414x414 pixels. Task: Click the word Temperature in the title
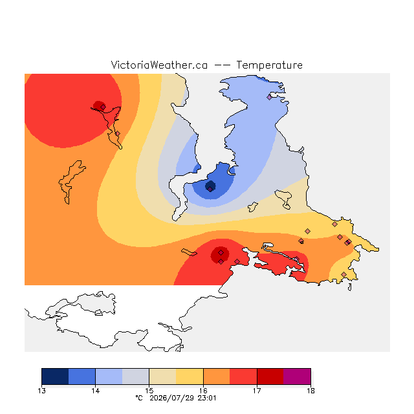(x=269, y=65)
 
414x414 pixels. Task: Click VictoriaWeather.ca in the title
(x=159, y=65)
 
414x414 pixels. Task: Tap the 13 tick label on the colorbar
(x=41, y=391)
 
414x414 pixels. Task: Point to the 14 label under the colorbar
(x=95, y=391)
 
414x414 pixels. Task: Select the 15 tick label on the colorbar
(x=149, y=391)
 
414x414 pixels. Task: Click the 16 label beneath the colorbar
(x=203, y=391)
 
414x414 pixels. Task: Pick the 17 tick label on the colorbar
(x=257, y=391)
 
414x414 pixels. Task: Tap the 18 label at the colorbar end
(x=310, y=391)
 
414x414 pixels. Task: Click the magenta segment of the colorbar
(x=297, y=376)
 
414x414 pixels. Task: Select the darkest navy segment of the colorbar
(x=55, y=376)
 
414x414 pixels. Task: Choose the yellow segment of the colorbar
(x=190, y=376)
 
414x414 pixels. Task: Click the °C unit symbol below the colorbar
(x=139, y=398)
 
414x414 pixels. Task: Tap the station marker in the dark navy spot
(x=210, y=189)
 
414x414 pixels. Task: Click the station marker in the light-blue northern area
(x=269, y=98)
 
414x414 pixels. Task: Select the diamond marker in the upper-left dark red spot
(x=103, y=107)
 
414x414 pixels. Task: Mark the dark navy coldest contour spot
(x=210, y=186)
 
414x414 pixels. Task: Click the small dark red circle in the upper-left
(x=99, y=106)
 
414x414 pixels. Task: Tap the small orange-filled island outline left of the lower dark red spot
(x=189, y=252)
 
